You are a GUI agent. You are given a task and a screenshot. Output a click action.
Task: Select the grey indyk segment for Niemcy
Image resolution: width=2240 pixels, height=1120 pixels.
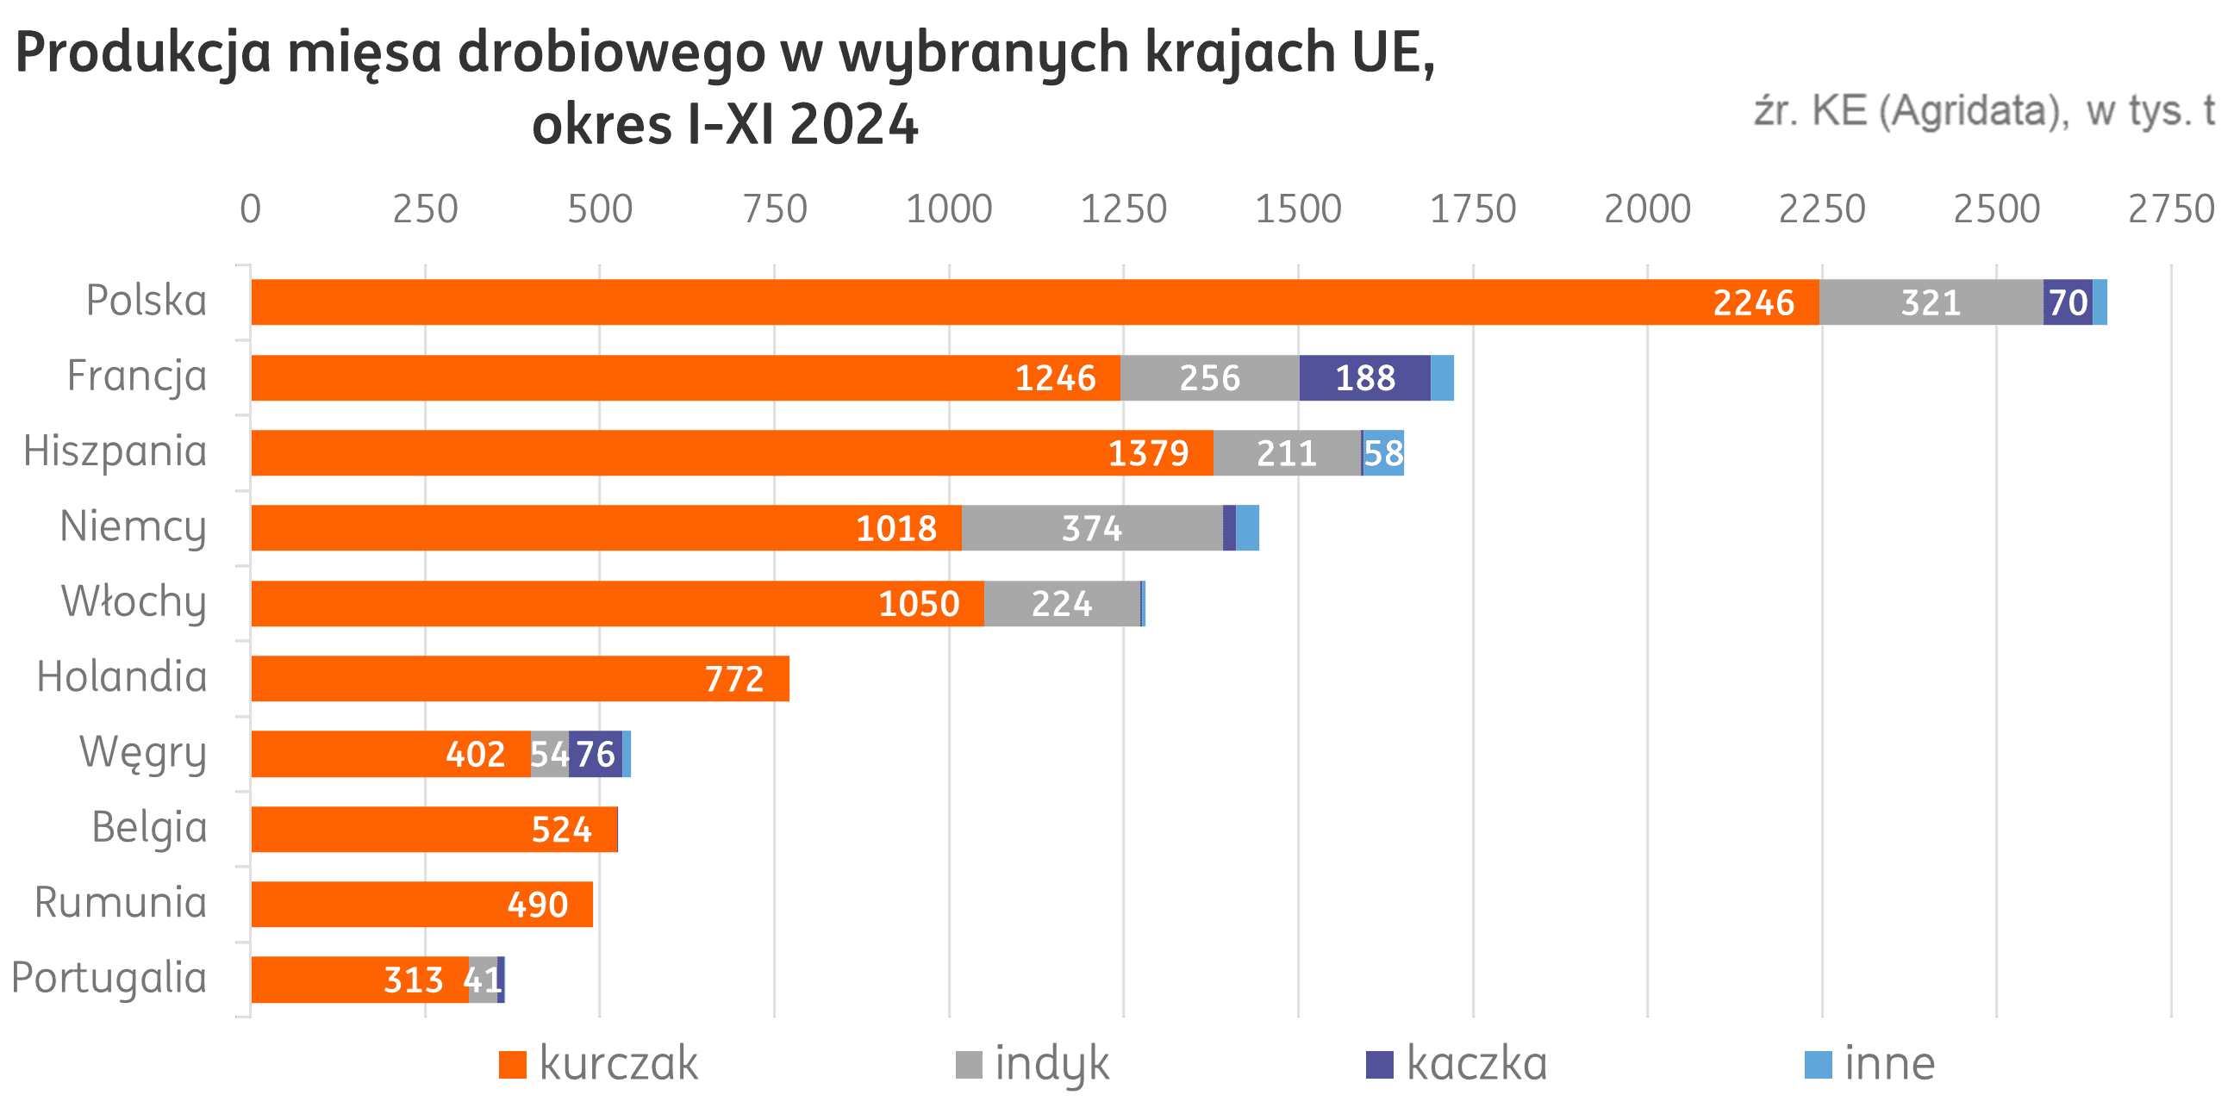[x=1091, y=528]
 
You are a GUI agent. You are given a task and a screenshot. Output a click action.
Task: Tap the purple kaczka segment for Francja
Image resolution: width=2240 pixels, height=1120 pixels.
[x=1364, y=378]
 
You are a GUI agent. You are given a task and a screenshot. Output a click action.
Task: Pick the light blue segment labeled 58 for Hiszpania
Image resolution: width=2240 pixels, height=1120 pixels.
[x=1382, y=453]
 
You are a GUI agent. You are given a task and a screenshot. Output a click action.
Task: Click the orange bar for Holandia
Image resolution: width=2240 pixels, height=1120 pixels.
[x=520, y=678]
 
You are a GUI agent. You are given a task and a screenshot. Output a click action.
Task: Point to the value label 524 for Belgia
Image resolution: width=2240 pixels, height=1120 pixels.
[x=562, y=830]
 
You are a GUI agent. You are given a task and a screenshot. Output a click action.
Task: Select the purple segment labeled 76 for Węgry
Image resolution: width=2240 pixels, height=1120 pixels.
[x=596, y=754]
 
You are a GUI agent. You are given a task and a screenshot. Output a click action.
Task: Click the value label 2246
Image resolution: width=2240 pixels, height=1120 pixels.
[x=1753, y=302]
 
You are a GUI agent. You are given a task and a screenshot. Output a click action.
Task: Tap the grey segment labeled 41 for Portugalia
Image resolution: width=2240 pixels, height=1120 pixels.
[x=483, y=980]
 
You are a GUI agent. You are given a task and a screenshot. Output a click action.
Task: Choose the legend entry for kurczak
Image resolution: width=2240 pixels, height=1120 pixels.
[x=599, y=1063]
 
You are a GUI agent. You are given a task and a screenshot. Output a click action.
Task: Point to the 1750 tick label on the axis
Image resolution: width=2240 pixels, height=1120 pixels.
[x=1473, y=209]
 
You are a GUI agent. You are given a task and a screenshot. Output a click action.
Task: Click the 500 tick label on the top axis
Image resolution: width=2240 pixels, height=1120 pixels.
[x=600, y=209]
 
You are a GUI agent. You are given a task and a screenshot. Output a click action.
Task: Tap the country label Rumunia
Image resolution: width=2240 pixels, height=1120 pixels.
[x=121, y=903]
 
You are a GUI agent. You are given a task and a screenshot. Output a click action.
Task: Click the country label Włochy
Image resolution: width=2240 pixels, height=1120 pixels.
[x=134, y=601]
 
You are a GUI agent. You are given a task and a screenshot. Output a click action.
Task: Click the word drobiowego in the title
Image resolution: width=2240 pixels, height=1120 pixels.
[x=612, y=54]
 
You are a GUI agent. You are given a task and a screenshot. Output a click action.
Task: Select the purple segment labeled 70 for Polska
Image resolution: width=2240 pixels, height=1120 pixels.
[x=2067, y=302]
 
